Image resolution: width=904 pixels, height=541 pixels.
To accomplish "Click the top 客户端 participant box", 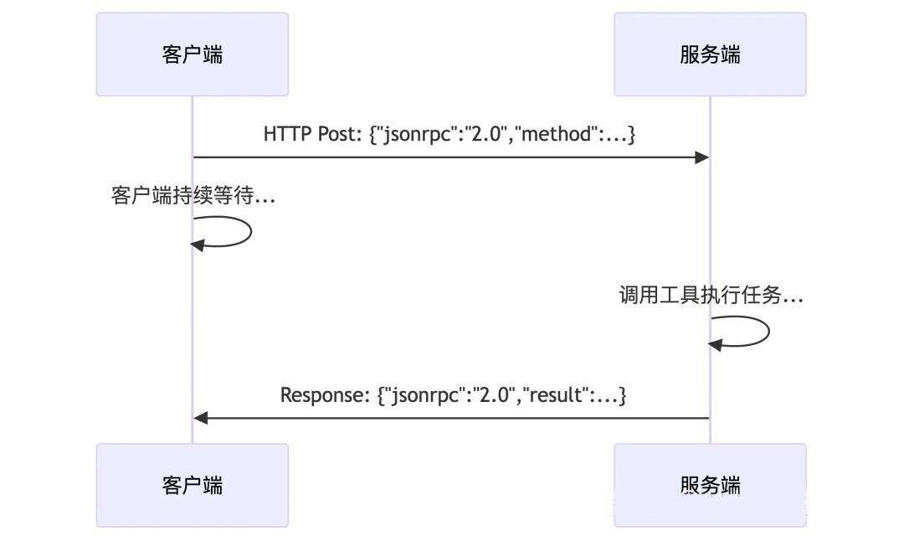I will (x=192, y=54).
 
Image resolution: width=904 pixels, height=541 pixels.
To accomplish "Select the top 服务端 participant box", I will (x=710, y=54).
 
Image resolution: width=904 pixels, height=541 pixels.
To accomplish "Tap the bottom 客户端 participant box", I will (x=192, y=485).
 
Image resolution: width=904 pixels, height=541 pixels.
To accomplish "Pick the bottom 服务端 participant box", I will (x=710, y=485).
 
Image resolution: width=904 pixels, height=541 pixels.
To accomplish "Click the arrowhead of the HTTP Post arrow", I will (x=703, y=157).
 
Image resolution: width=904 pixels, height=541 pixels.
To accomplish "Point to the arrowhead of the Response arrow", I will (x=200, y=417).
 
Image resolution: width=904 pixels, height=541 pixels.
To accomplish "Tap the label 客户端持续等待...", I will (x=193, y=197).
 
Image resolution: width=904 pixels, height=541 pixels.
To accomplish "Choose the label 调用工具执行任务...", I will (x=711, y=296).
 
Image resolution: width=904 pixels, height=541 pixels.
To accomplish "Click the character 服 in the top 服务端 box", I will (x=690, y=54).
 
